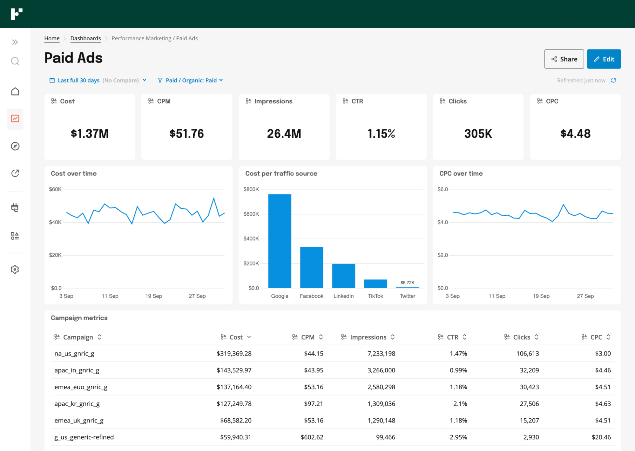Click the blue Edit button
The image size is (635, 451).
604,59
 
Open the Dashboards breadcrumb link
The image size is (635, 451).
85,38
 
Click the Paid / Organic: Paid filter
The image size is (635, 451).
191,81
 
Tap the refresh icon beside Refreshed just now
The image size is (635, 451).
613,80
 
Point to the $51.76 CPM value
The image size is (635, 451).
186,134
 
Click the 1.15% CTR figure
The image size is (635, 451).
381,134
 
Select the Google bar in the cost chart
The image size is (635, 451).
280,241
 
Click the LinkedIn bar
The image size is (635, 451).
343,276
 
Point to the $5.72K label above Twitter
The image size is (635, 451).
407,283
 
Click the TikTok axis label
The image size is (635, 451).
375,296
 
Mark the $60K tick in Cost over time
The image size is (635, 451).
55,189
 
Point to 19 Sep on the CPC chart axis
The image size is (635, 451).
541,296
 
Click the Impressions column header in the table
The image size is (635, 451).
368,337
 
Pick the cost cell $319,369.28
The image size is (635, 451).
234,354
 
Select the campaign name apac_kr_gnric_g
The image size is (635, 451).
77,404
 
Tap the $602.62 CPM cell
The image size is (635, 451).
312,437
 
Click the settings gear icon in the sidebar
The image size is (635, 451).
15,270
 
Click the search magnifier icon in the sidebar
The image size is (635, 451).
15,61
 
